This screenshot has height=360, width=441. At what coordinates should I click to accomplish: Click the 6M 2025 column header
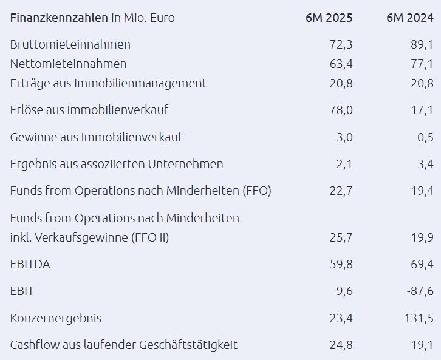(x=329, y=18)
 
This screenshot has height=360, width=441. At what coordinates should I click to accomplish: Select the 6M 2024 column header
(x=409, y=18)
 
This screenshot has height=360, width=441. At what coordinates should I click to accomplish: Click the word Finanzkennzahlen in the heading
(x=59, y=18)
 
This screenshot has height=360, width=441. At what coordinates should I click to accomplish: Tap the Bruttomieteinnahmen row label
(x=70, y=44)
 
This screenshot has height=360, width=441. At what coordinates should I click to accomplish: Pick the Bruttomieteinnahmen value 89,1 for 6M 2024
(x=421, y=44)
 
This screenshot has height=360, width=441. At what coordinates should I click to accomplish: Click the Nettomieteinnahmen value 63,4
(x=340, y=64)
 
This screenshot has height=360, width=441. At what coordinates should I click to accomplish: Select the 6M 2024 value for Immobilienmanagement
(x=421, y=83)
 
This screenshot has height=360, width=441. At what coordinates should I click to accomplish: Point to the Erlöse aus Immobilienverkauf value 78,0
(x=340, y=110)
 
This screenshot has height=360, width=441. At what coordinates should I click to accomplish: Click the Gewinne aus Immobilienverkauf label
(x=96, y=137)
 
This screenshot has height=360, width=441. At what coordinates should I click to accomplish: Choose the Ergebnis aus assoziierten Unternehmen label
(x=117, y=164)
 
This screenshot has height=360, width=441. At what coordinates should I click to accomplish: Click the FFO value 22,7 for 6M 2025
(x=340, y=191)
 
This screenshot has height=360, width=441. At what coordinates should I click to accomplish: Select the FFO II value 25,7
(x=340, y=237)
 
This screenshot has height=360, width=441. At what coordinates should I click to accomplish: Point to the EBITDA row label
(x=30, y=264)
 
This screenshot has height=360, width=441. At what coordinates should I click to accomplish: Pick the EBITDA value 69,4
(x=421, y=264)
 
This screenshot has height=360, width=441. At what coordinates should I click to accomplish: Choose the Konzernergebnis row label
(x=56, y=318)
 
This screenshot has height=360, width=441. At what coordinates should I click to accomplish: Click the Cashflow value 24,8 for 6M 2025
(x=340, y=345)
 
